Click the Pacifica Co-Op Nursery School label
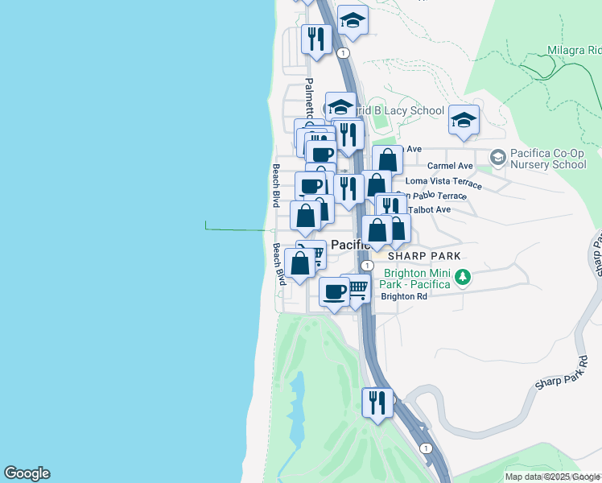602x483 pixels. (549, 159)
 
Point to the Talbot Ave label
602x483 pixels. (430, 209)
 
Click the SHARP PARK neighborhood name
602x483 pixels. (424, 256)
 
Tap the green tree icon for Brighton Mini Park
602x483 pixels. (462, 278)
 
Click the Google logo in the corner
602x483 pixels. (27, 473)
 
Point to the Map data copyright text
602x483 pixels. (552, 477)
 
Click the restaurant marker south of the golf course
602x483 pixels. (377, 401)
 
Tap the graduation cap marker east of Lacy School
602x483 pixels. (464, 119)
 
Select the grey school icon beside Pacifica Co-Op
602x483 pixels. (498, 156)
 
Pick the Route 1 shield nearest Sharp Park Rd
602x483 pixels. (424, 448)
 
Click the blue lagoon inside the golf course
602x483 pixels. (296, 411)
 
